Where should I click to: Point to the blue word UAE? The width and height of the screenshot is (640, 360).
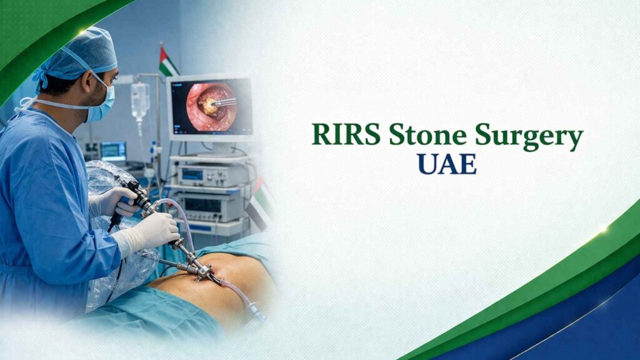(447, 164)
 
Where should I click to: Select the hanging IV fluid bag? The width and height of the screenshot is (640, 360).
(140, 100)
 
